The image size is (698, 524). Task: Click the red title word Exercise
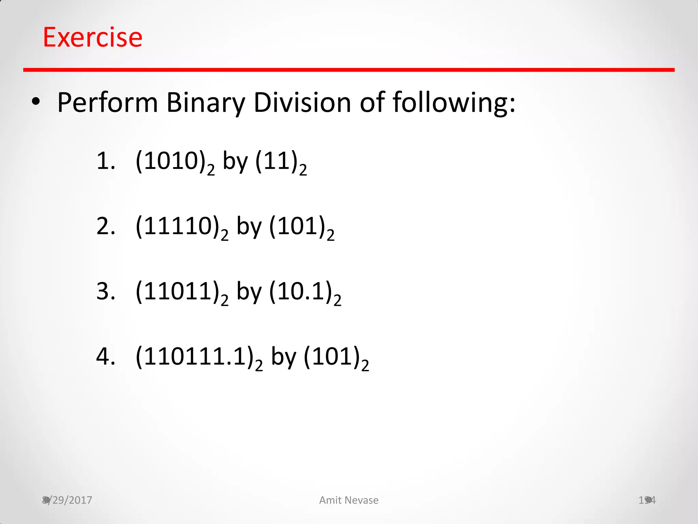(x=92, y=37)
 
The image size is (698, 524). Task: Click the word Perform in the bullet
(x=107, y=102)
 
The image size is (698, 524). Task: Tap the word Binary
(x=206, y=102)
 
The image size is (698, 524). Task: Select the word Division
(x=302, y=102)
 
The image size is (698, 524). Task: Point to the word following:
(x=454, y=102)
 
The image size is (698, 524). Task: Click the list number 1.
(x=105, y=161)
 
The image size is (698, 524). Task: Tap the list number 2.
(x=105, y=226)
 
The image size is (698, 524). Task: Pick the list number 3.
(x=105, y=292)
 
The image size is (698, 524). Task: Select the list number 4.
(x=105, y=357)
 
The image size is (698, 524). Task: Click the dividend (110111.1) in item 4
(x=196, y=357)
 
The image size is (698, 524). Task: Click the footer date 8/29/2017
(x=67, y=500)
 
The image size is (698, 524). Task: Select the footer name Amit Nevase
(x=349, y=500)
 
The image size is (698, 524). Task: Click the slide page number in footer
(x=647, y=500)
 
